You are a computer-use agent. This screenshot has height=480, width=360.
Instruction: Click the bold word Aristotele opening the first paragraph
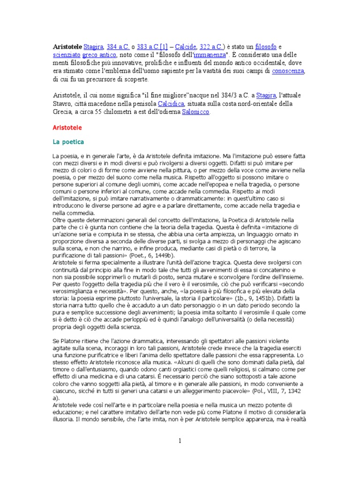click(67, 47)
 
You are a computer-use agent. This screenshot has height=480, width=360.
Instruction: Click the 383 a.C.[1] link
click(152, 47)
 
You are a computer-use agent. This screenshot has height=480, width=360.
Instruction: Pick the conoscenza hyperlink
click(289, 71)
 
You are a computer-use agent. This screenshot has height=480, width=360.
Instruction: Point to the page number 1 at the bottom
click(180, 441)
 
